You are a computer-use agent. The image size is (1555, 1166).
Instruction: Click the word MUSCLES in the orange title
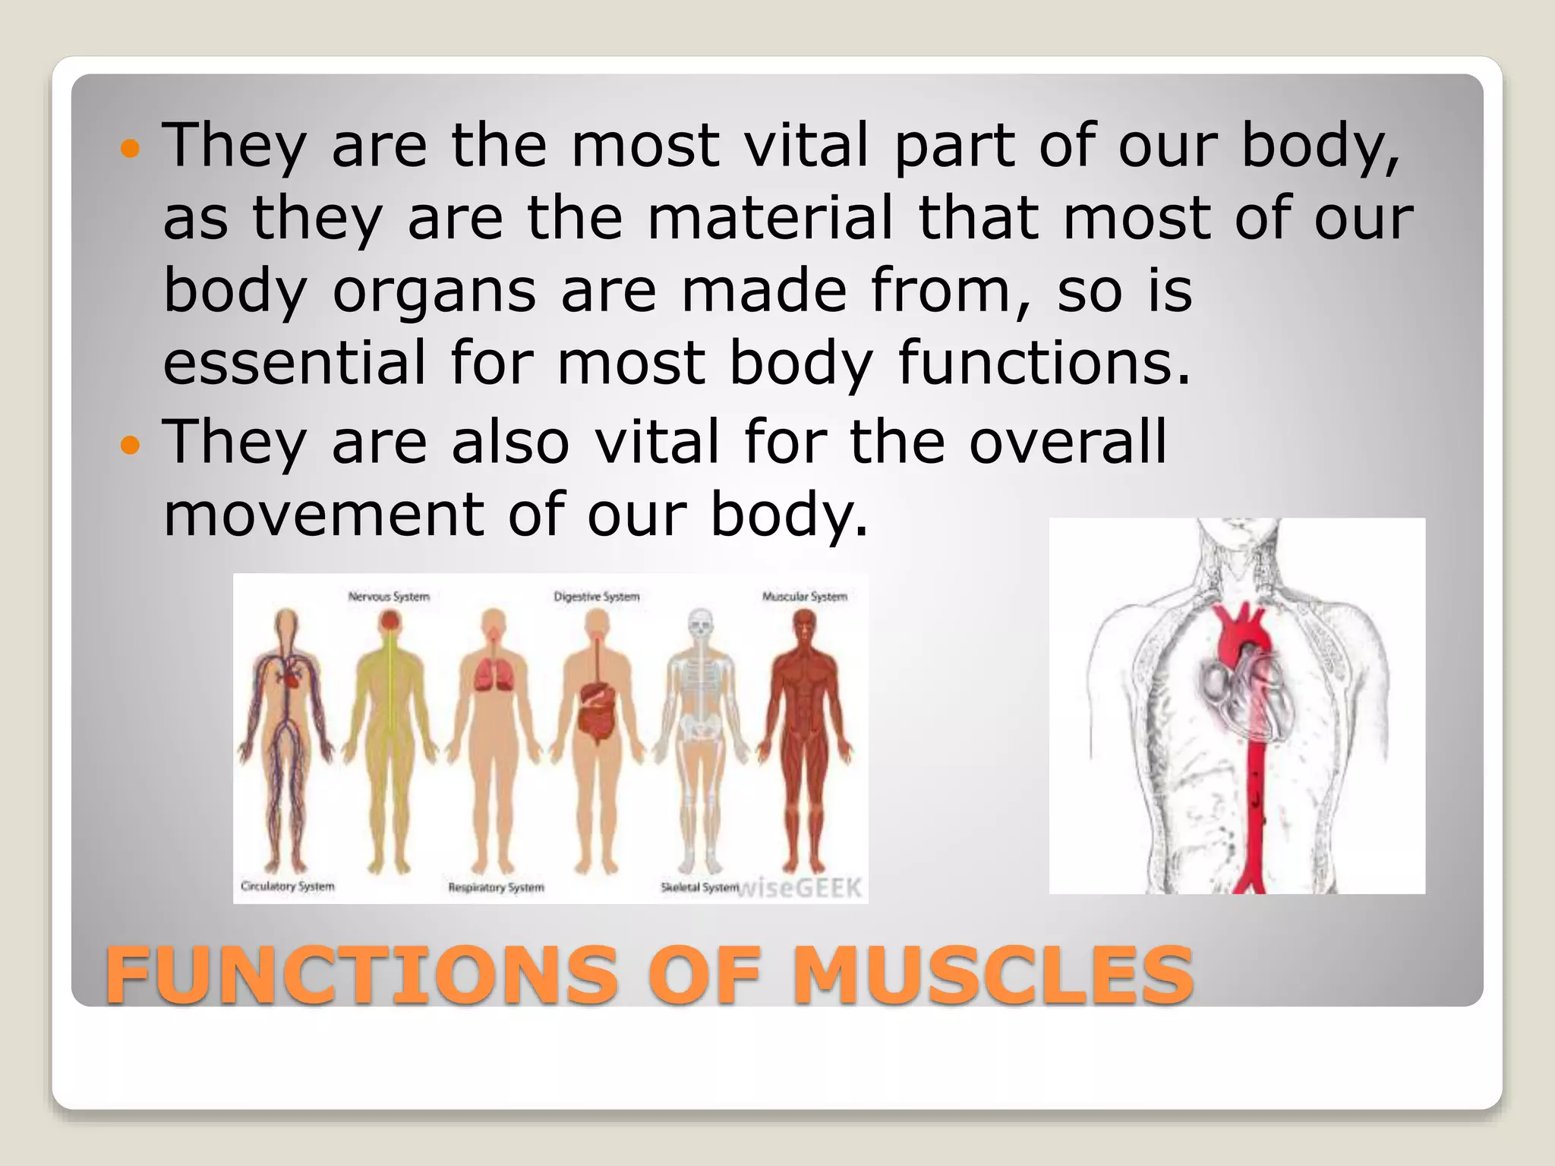(992, 975)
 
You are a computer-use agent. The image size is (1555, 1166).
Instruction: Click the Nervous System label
(389, 597)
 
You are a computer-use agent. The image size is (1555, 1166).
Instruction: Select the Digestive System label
(597, 597)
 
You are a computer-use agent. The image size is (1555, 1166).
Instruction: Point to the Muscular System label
(804, 597)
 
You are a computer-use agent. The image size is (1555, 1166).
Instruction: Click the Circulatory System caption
(288, 886)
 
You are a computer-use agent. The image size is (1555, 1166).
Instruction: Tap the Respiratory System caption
(496, 887)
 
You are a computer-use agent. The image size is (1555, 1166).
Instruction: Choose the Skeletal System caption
(699, 887)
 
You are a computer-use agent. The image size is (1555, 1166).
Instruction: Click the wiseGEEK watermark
(801, 887)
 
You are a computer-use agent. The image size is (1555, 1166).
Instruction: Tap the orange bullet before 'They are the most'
(131, 148)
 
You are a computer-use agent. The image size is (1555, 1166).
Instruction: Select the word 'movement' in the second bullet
(323, 514)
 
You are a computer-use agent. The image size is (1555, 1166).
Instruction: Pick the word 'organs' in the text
(434, 291)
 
